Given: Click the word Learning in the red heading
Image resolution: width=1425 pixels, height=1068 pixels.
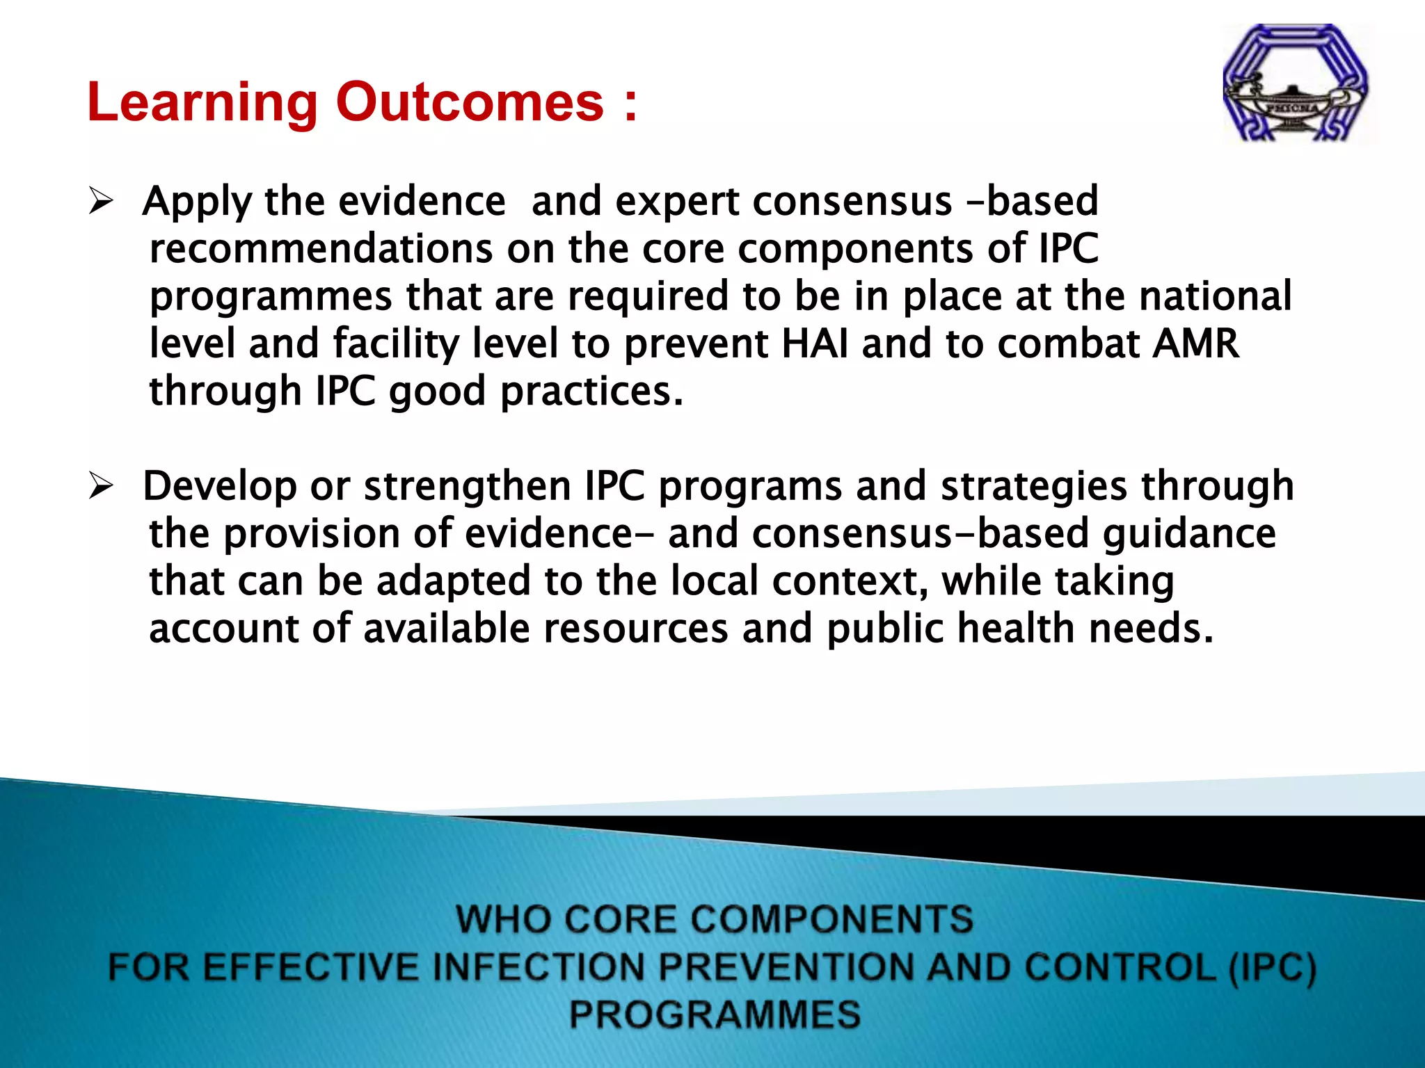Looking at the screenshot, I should [x=202, y=103].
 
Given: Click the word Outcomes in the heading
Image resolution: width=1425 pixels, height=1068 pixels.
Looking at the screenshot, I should [x=470, y=102].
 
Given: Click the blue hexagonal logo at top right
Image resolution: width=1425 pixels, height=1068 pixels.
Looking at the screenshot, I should [x=1296, y=83].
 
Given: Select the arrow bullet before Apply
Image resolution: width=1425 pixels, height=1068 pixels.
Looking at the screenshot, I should [x=101, y=202].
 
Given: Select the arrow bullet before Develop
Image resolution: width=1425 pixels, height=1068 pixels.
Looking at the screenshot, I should [x=101, y=487].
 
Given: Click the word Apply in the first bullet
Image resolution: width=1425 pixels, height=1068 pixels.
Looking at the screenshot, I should [x=197, y=202].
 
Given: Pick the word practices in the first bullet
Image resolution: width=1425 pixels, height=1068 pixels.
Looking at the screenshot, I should [x=591, y=391].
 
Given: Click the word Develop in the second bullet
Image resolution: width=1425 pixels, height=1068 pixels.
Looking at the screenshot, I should [x=219, y=487].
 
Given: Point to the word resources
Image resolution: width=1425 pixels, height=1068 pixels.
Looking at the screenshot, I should [x=635, y=629].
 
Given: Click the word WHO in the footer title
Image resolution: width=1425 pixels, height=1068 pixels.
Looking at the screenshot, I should [x=502, y=919].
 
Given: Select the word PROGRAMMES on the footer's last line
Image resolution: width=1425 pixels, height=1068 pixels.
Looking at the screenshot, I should [x=715, y=1014].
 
